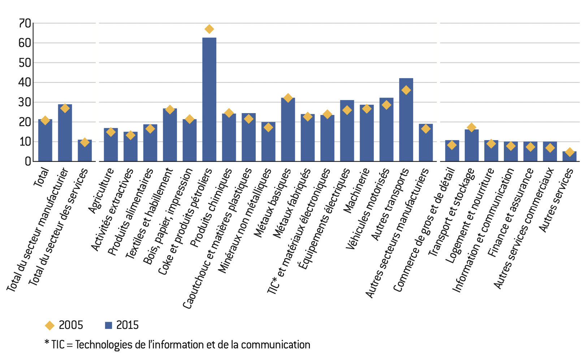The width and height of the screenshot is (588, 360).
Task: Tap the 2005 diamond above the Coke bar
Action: click(x=209, y=29)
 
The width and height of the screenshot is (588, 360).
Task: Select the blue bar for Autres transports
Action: click(x=406, y=120)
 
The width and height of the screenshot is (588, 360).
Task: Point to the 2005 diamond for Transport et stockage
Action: click(x=471, y=127)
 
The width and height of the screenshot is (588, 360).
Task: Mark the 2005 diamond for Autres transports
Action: click(x=406, y=90)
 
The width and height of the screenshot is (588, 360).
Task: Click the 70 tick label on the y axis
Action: click(x=25, y=24)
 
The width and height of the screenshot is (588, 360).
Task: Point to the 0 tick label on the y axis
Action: click(x=28, y=162)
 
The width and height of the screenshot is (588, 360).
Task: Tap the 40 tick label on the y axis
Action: click(x=25, y=83)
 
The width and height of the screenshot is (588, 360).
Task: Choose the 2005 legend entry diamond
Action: click(x=49, y=325)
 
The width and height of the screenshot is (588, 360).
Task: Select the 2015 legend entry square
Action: click(x=108, y=325)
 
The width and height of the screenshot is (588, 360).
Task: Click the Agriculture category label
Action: click(x=101, y=190)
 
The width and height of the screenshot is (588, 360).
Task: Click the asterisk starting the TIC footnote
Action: click(x=47, y=343)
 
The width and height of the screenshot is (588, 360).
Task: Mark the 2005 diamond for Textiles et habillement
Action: click(x=170, y=109)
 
